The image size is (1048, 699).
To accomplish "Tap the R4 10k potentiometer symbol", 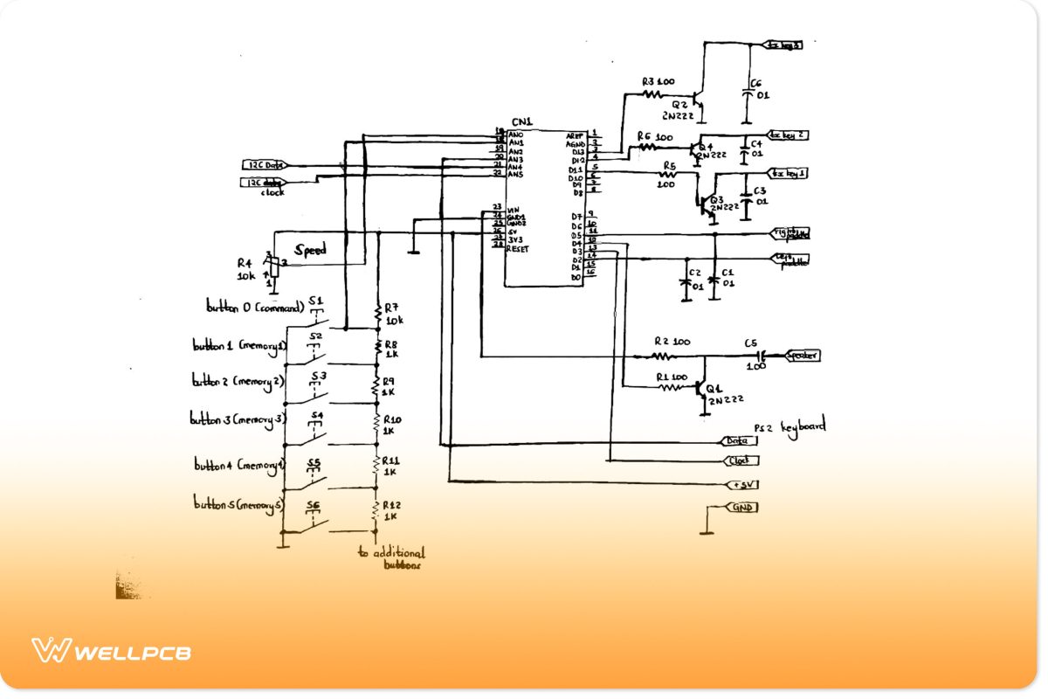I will [x=273, y=266].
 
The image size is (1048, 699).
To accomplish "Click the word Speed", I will [x=310, y=250].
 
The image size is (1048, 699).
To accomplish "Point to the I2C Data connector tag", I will [x=264, y=164].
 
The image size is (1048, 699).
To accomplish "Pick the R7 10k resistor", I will [x=377, y=313].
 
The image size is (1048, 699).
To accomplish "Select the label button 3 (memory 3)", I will [x=238, y=419].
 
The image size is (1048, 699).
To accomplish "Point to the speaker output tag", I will [x=802, y=356].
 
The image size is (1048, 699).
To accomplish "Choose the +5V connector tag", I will [x=742, y=484].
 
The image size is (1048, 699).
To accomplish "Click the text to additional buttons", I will [x=392, y=558].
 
